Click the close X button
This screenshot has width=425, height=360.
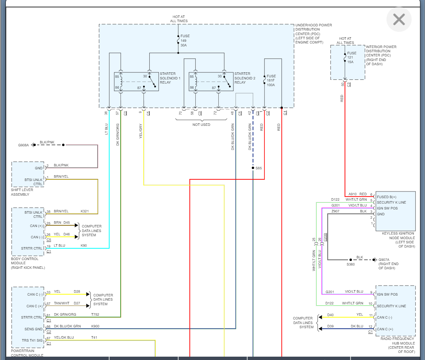click(x=399, y=19)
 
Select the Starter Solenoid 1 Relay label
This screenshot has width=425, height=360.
click(x=170, y=78)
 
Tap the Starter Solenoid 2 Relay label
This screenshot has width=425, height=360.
click(x=244, y=78)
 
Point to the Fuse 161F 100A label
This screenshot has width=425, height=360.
click(x=271, y=81)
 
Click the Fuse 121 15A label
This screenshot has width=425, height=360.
click(x=351, y=57)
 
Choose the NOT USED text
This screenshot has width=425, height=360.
click(x=201, y=125)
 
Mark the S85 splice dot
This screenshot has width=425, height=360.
click(x=253, y=168)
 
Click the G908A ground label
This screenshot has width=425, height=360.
click(x=23, y=145)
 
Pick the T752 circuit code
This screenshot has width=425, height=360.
click(x=95, y=314)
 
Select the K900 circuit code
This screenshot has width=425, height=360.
click(x=95, y=326)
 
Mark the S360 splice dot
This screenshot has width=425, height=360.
click(x=351, y=260)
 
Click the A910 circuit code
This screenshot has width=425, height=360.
click(x=353, y=194)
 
